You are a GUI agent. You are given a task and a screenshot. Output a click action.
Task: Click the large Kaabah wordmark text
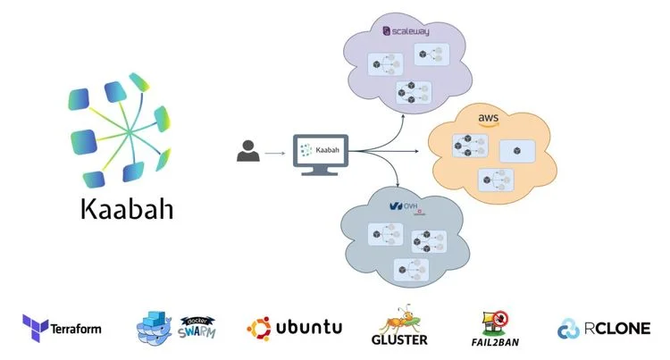126,210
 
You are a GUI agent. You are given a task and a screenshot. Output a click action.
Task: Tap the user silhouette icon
248,152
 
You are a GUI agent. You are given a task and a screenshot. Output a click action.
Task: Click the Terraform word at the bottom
77,329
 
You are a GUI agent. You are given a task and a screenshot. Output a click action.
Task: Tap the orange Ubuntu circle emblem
258,328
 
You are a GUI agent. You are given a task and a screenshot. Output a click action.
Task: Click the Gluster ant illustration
398,318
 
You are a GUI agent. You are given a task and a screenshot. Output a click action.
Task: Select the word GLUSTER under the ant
399,340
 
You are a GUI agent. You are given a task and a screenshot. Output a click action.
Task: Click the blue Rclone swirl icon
568,329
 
